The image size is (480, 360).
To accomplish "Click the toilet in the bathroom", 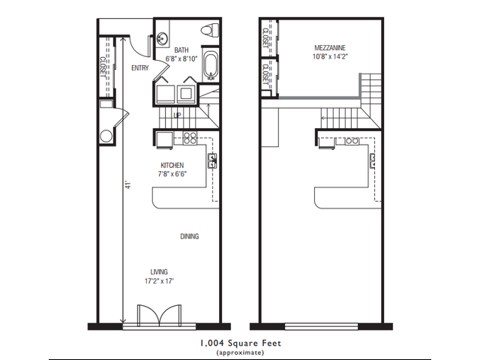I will point(209,31).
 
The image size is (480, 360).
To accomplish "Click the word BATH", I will point(181,50).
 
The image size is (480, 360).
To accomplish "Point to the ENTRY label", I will point(139,68).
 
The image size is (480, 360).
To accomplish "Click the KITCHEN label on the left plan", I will point(172,165).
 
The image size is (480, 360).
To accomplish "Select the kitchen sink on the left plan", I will point(212,159).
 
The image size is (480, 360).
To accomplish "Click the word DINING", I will point(189,236).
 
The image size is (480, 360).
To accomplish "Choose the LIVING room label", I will point(158,271).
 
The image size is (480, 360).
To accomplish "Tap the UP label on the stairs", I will point(177,115).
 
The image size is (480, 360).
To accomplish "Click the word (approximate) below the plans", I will point(240,352).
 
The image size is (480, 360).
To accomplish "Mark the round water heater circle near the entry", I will point(106,136).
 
